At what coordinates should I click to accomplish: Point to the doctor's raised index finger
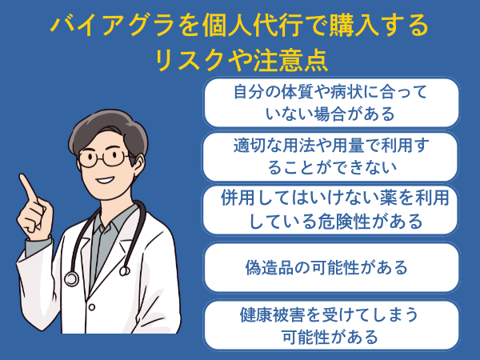click(x=27, y=187)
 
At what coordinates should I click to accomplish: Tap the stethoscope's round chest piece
click(x=71, y=278)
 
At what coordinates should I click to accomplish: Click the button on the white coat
click(x=91, y=306)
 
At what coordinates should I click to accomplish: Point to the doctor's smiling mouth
click(x=105, y=180)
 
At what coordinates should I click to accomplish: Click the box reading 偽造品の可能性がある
click(x=331, y=267)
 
